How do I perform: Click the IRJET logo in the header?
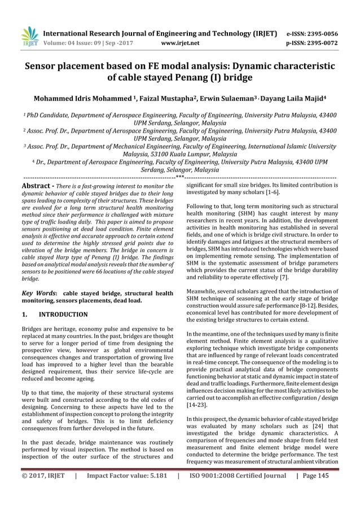click(28, 36)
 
